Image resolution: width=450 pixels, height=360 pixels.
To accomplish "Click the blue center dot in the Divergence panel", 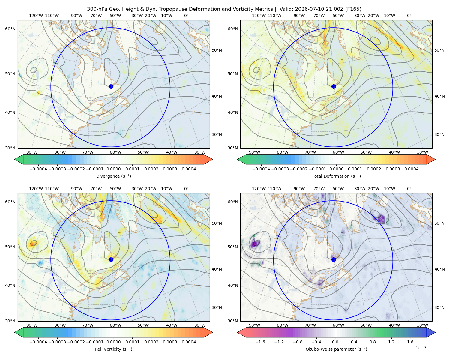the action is coord(111,86).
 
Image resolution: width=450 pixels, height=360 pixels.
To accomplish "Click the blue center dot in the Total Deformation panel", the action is coord(334,86).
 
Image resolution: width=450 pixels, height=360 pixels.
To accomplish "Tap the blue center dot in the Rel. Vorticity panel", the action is coord(111,259).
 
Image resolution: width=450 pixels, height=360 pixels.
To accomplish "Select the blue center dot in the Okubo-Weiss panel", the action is coord(334,259).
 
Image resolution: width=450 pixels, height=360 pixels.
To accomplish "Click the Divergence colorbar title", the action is coord(113,176).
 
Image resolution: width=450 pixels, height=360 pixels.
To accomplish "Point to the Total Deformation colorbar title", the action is coord(336,176).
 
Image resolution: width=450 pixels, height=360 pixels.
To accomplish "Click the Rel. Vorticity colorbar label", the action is coord(113,349).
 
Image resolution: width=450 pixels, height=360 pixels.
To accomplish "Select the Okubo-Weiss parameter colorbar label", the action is coord(336,349).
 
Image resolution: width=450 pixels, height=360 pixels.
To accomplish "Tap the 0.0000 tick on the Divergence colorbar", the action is coord(113,169).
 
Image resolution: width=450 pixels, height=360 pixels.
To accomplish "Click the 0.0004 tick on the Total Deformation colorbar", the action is coord(411,169).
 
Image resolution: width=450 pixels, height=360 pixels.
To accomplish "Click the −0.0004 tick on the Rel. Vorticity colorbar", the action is coord(38,342).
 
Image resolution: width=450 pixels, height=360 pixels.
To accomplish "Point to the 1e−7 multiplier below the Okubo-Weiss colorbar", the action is coord(421,348).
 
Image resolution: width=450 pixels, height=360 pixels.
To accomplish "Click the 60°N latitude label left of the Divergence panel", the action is coord(10,29).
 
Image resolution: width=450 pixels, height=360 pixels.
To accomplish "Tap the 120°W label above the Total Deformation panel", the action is coord(259,16).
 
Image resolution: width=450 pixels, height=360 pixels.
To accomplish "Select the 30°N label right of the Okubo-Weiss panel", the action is coord(439,307).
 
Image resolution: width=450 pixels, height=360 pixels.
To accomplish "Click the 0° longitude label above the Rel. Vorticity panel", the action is coord(186,188).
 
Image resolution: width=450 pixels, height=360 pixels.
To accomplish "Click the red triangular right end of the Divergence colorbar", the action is coord(208,159).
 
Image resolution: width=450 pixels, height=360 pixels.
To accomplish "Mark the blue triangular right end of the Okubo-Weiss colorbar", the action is coord(431,332).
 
